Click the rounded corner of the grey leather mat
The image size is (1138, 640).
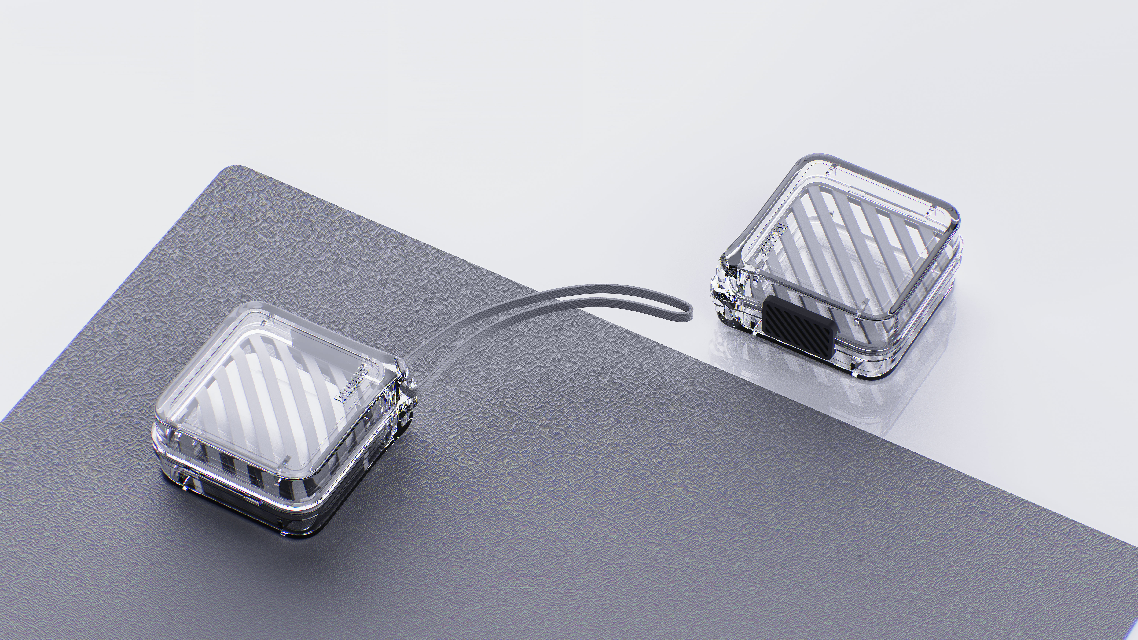234,170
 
